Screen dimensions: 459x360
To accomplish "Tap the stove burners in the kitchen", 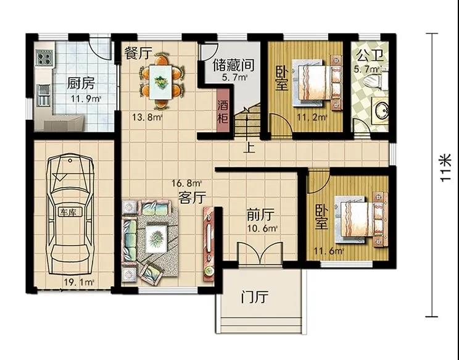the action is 44,57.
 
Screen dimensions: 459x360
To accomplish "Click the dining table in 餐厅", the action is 160,82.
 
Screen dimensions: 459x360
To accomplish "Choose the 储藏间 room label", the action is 234,65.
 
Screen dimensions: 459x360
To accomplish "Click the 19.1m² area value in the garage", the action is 79,282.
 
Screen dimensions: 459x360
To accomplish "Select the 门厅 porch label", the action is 254,297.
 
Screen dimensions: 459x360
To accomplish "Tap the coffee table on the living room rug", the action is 156,238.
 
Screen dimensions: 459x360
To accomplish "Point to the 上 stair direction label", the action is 249,148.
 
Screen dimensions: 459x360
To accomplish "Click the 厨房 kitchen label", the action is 80,83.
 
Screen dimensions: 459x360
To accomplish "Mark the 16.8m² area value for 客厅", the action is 186,183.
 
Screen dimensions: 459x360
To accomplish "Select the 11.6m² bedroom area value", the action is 328,251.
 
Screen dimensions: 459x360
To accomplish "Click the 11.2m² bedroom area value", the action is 312,117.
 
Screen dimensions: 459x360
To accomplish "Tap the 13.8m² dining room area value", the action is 147,117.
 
